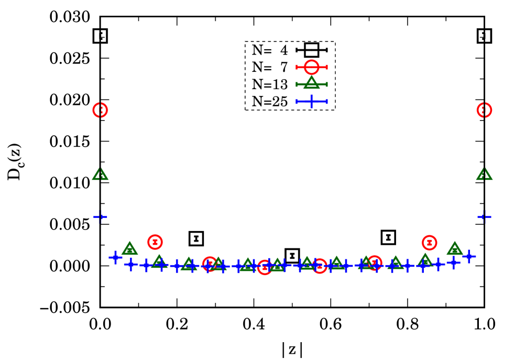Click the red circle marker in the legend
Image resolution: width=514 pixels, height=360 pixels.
(x=311, y=67)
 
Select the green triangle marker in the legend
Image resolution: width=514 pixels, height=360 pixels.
(x=311, y=83)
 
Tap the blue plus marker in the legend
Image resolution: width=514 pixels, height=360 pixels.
(x=311, y=101)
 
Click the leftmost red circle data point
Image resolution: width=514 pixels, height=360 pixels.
(x=100, y=110)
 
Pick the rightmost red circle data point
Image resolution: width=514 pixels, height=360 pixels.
(x=484, y=110)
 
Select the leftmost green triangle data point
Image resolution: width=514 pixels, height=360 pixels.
(x=100, y=174)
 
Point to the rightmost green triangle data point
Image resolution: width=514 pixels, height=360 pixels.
(x=484, y=174)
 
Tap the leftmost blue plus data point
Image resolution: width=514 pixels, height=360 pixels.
(x=100, y=216)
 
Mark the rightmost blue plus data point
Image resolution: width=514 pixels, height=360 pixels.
(x=484, y=216)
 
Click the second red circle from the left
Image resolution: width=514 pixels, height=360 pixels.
(x=155, y=242)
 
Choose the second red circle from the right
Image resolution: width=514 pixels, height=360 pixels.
(x=429, y=242)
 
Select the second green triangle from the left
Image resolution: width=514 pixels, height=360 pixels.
(x=129, y=248)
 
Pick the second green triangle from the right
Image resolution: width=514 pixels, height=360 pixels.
(x=455, y=248)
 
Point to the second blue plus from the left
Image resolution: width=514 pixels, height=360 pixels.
(x=115, y=257)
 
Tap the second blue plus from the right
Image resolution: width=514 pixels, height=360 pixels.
(x=469, y=256)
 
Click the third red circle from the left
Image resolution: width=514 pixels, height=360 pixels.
(x=210, y=264)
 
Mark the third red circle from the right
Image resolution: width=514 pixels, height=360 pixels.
(x=374, y=263)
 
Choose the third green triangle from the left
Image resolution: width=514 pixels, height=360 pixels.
(x=159, y=261)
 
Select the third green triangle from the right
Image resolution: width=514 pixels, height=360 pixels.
(x=425, y=259)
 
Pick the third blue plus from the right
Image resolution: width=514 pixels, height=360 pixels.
(x=454, y=262)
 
